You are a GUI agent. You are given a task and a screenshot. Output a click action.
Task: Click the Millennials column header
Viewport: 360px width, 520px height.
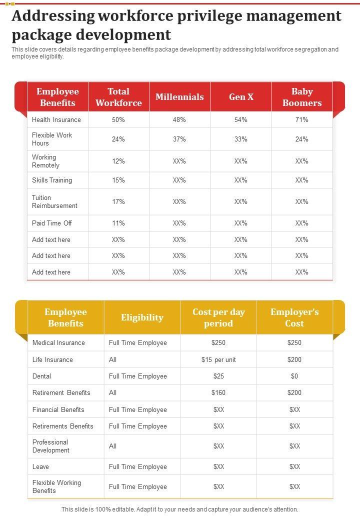179,97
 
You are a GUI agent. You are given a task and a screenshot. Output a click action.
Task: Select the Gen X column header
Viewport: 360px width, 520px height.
241,97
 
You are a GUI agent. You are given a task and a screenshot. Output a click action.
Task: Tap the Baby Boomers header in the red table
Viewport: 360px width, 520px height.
302,97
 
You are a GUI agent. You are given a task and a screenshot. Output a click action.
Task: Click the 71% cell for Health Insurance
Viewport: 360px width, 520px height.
302,119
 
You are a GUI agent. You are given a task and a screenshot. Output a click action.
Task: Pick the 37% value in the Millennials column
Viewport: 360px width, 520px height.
179,139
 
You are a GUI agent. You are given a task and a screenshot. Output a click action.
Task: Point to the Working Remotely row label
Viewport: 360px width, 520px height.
45,161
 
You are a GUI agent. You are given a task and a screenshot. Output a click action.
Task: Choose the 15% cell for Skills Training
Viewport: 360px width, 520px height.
118,180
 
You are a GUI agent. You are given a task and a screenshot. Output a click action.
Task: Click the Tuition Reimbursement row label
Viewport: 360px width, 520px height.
54,201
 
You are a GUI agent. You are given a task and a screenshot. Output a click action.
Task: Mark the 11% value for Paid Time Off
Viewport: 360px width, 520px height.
118,223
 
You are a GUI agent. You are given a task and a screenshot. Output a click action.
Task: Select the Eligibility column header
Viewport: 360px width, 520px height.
142,317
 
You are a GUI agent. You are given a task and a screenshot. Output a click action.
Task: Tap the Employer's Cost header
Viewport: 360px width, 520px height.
294,317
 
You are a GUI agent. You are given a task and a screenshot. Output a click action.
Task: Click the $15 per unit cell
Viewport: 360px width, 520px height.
218,359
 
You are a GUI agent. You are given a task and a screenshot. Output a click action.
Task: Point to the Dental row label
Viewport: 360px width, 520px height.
41,376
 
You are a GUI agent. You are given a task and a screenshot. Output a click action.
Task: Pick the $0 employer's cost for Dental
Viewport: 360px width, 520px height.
294,376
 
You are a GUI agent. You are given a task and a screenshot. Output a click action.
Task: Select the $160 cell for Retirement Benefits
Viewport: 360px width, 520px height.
218,392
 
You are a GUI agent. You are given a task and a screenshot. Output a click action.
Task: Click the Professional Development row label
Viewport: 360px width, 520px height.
50,446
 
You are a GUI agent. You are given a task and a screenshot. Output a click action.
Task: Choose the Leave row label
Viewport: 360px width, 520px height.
40,466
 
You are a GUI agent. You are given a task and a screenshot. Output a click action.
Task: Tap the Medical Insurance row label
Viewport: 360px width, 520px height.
58,342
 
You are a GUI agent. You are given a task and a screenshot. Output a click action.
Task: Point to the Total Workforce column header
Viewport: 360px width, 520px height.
118,97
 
